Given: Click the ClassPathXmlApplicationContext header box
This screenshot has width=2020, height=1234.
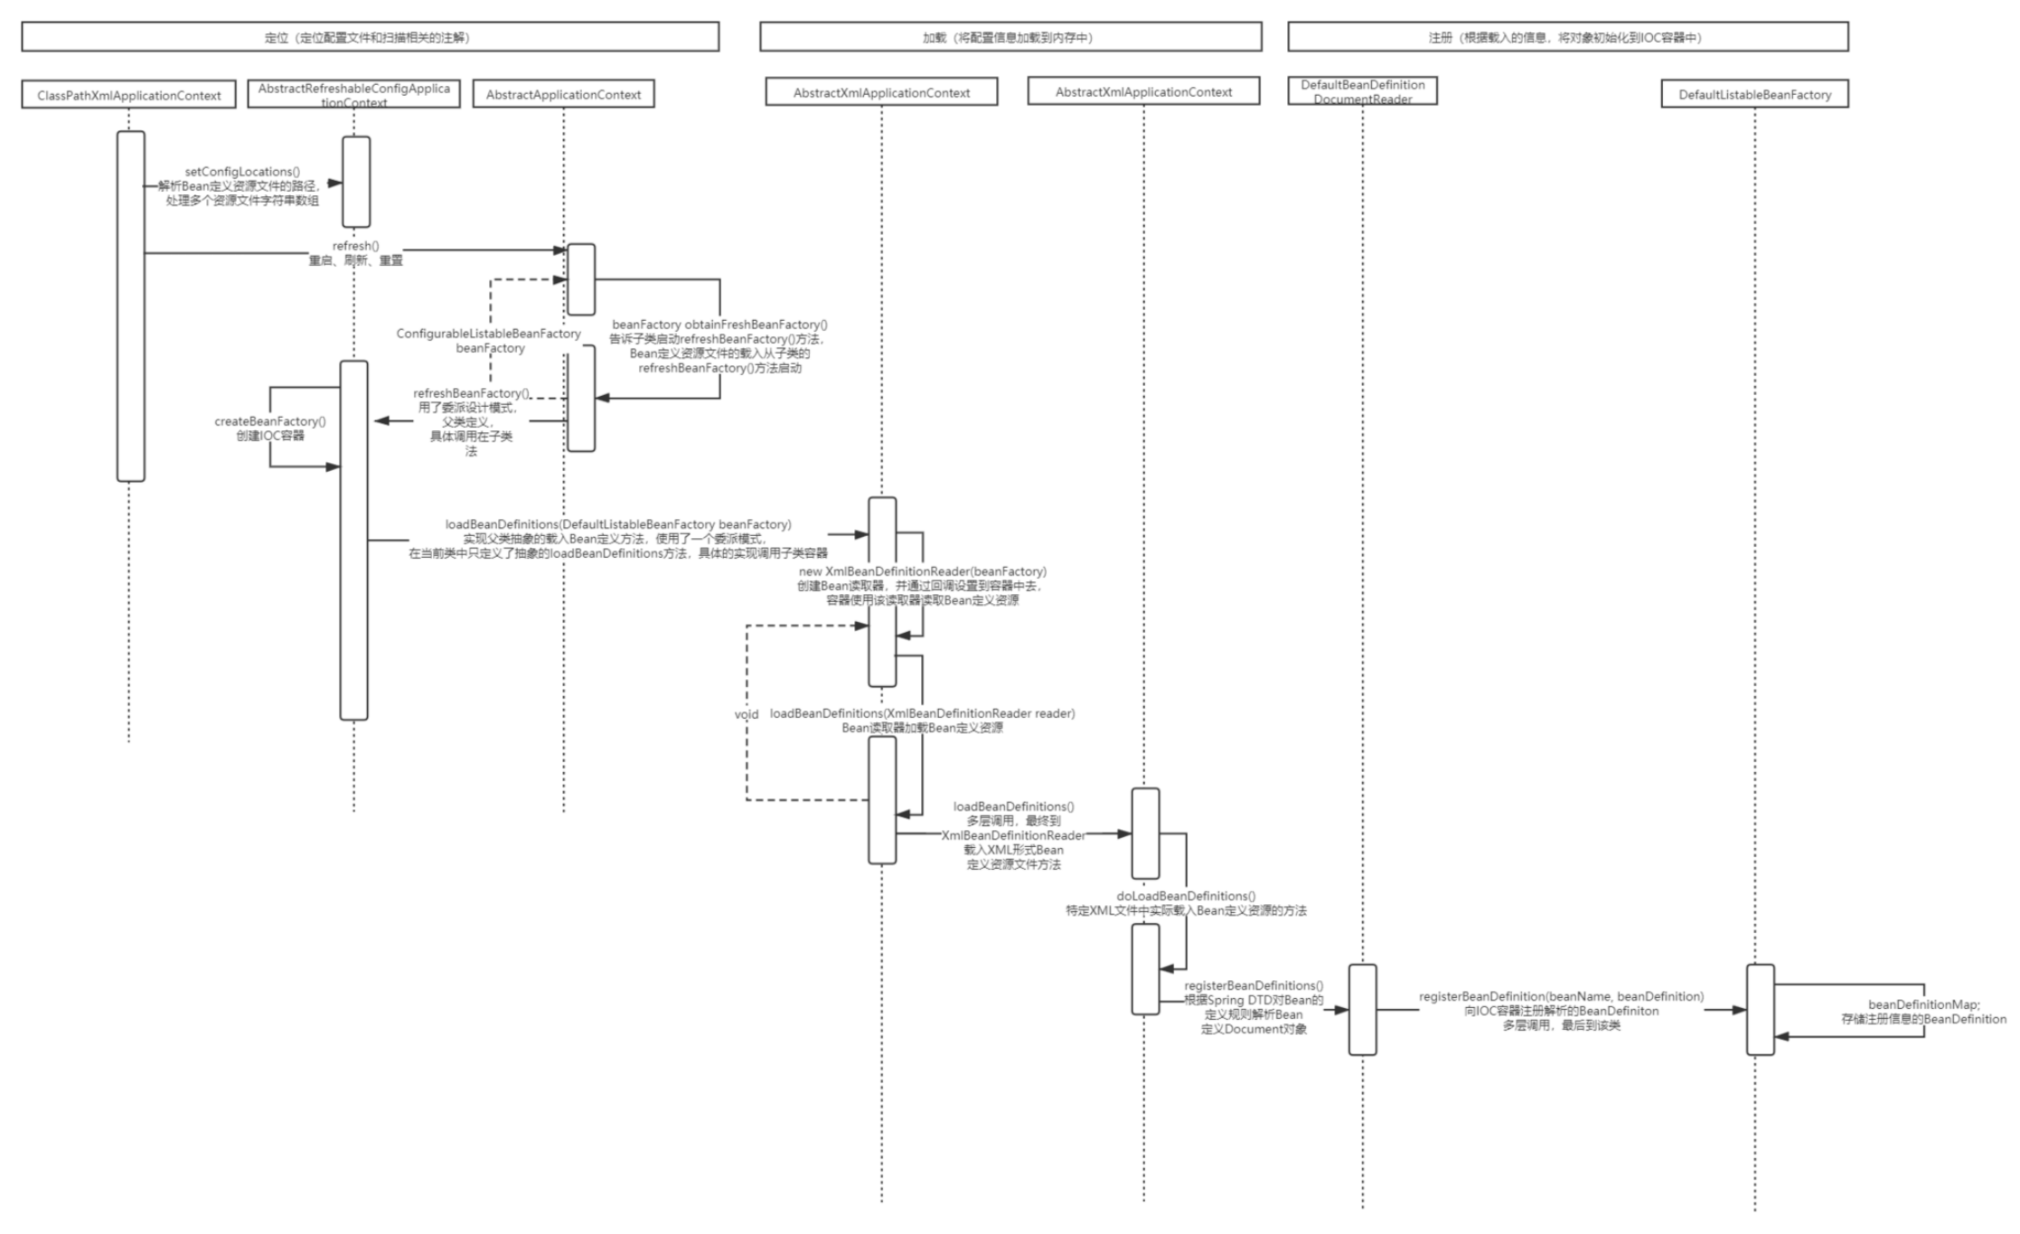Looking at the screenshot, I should (128, 95).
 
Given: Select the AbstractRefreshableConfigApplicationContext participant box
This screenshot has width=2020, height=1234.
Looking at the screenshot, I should (353, 94).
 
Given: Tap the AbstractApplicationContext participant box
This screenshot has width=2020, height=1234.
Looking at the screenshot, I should (563, 94).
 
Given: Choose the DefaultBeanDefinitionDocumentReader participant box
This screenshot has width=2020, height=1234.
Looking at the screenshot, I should (1362, 91).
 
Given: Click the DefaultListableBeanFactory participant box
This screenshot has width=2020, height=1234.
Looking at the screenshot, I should (1754, 94).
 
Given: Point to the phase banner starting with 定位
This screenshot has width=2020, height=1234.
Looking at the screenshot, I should (370, 37).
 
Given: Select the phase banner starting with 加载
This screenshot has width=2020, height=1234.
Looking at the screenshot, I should (1010, 37).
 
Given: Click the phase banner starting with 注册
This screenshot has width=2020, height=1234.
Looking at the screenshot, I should (1567, 37).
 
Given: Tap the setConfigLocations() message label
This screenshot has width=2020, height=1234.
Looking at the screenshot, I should (242, 172).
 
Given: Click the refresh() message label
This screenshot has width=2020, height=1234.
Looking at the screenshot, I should (355, 246).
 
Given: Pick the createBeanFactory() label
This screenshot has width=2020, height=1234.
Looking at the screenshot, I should (270, 421).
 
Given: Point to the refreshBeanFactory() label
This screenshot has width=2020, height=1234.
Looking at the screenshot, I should (471, 393).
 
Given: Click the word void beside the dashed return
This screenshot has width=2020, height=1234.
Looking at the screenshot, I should (747, 714).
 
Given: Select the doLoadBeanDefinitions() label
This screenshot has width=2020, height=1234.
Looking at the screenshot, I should (1185, 896).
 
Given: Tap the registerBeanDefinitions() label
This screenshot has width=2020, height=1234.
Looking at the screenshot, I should (1254, 985).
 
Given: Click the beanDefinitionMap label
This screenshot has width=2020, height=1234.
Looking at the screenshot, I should (1923, 1004).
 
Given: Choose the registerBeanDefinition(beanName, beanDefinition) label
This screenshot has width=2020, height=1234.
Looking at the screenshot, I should (1561, 996).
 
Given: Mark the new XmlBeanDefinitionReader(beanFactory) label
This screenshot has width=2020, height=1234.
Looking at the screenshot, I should (922, 571).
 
